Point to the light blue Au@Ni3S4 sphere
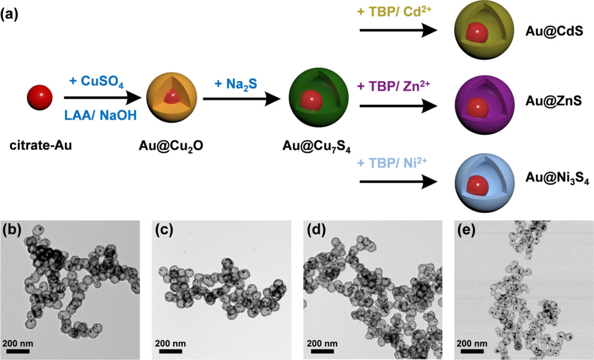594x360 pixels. [x=478, y=179]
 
